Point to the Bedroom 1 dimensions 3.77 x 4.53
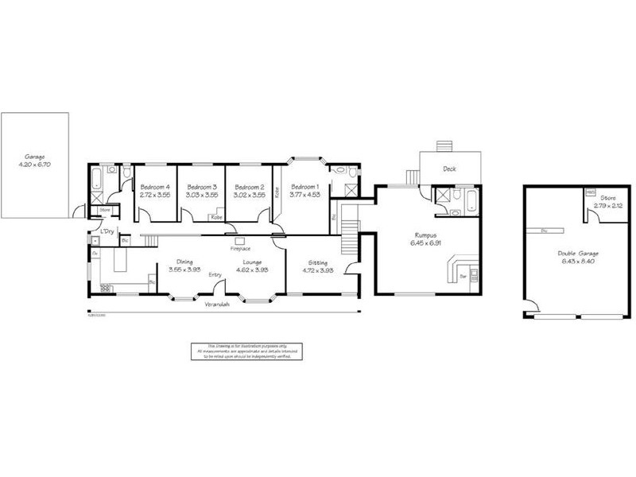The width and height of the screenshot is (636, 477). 305,194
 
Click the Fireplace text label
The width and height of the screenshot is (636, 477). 241,249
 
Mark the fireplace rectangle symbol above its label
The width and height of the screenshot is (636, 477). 241,239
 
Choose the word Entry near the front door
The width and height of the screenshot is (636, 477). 215,275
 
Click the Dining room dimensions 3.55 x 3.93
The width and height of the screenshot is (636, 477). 185,269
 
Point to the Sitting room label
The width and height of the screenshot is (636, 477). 316,261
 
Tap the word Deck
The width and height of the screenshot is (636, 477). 450,169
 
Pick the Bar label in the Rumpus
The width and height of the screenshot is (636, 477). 463,277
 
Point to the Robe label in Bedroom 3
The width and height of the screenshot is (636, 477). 215,216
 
